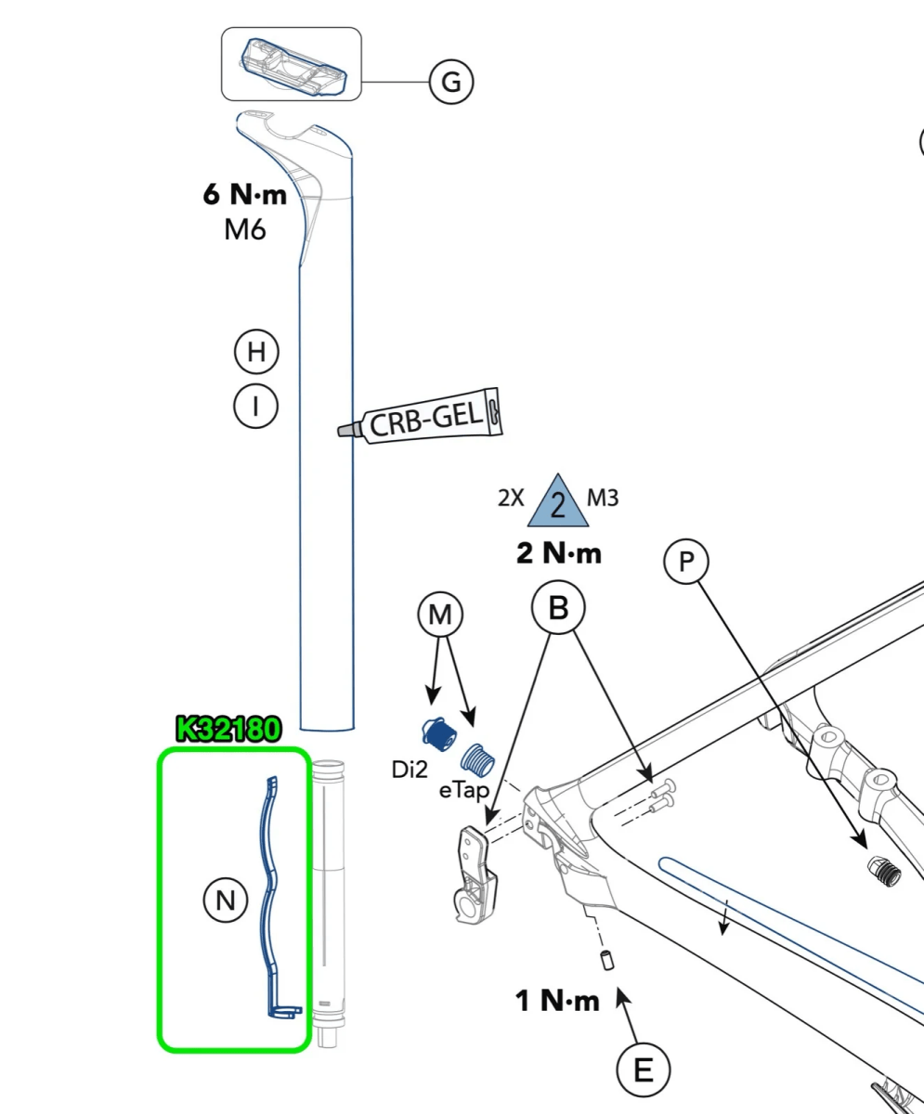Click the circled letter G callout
451,82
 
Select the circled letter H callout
256,352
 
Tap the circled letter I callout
255,406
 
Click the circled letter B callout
558,608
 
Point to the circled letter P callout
686,562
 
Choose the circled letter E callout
643,1070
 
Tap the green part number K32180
228,730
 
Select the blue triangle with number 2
558,502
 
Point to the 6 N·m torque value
245,195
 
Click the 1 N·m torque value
557,1001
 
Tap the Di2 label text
410,769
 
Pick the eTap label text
463,791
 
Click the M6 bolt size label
245,228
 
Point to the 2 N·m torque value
559,554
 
